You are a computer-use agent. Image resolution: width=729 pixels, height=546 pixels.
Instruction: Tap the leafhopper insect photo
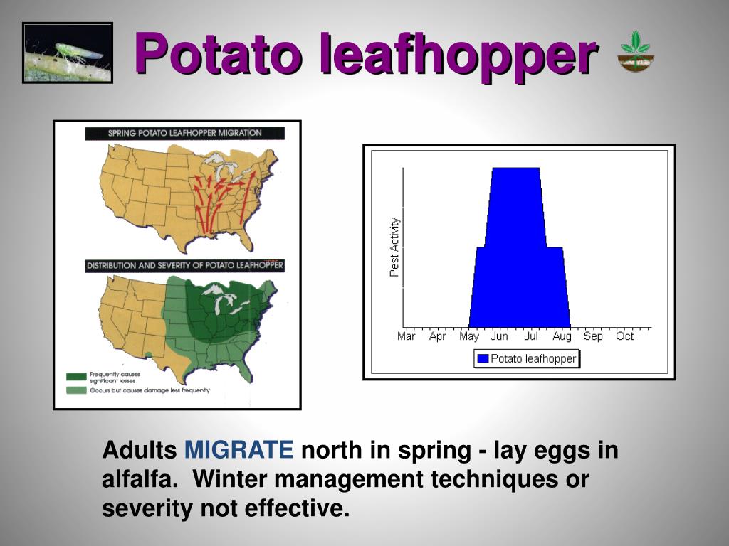click(x=68, y=53)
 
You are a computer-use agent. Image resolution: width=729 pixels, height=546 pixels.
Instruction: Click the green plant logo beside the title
click(x=636, y=52)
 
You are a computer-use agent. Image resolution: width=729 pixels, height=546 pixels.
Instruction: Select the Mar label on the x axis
click(x=406, y=336)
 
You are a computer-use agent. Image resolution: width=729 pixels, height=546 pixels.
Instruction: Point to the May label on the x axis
click(x=469, y=336)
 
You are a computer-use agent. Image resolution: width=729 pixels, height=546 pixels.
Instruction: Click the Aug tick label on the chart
click(x=562, y=336)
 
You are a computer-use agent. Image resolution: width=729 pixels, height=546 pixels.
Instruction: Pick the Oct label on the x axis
click(x=624, y=336)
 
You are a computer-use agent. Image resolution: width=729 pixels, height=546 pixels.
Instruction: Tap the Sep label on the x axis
click(x=593, y=336)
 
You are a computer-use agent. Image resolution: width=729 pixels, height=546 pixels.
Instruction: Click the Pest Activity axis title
click(x=394, y=247)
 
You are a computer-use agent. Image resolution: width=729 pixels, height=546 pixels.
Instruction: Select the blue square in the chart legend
click(x=483, y=359)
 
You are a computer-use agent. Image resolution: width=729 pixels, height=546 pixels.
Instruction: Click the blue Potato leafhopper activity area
click(x=516, y=256)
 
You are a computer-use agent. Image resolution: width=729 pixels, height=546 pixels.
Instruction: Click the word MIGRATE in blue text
click(x=239, y=451)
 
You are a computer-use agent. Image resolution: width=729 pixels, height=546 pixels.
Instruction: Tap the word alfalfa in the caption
click(x=139, y=480)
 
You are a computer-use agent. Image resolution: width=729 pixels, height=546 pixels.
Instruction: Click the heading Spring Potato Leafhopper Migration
click(x=184, y=133)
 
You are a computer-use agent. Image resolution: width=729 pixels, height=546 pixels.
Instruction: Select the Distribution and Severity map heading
click(x=184, y=266)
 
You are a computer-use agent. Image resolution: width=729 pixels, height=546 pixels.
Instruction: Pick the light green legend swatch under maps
click(x=75, y=390)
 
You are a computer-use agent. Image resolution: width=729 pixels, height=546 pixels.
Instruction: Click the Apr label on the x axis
click(x=438, y=336)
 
